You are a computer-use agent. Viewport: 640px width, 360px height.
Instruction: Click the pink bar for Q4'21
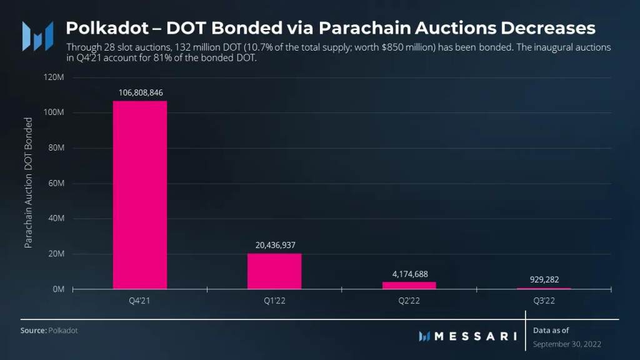(x=139, y=194)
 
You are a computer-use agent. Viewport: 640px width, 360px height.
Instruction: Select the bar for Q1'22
(x=274, y=271)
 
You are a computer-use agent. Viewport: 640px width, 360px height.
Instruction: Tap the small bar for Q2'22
(x=409, y=285)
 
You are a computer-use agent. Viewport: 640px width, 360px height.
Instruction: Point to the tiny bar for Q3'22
(x=544, y=288)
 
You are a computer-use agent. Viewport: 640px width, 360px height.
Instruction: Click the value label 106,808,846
(x=140, y=92)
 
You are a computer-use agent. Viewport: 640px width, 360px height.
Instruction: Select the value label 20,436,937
(x=274, y=245)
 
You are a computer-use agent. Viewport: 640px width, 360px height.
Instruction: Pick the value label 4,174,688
(x=409, y=274)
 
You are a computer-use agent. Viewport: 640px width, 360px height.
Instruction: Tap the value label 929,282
(x=544, y=279)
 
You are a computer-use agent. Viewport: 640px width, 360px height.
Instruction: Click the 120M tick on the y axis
(x=54, y=77)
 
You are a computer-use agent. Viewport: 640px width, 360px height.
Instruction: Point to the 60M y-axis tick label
(x=56, y=184)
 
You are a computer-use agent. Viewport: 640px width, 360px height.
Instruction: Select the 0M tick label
(x=58, y=289)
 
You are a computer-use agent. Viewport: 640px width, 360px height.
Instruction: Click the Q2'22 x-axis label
(x=409, y=301)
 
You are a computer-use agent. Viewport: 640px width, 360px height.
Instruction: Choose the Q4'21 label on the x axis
(x=139, y=301)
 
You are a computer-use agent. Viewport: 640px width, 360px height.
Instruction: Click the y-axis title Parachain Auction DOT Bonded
(x=28, y=182)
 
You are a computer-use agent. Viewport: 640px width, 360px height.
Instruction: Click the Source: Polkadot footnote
(x=49, y=330)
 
